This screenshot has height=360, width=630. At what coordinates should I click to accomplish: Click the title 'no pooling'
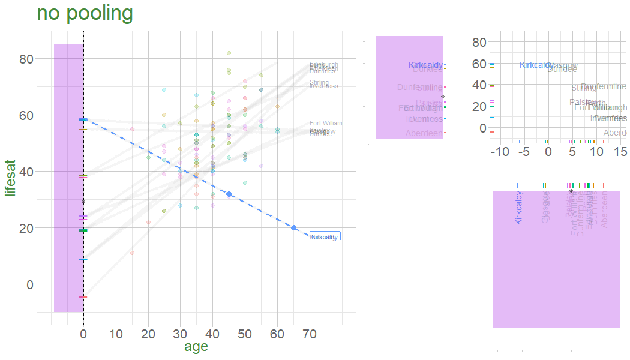85,14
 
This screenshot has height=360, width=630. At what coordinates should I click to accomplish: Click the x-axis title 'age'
196,346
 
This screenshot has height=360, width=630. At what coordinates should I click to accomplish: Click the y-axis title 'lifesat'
10,178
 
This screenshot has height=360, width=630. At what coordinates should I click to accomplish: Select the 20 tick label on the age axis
148,333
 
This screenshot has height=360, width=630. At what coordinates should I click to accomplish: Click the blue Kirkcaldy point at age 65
294,227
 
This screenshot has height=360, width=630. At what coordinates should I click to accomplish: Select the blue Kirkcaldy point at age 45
229,194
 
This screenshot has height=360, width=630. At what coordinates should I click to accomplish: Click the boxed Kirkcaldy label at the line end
325,237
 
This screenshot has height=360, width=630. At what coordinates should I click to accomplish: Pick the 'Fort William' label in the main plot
326,124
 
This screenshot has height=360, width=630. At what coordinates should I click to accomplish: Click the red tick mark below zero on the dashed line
83,296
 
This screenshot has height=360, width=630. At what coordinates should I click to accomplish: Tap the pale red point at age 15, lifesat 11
132,253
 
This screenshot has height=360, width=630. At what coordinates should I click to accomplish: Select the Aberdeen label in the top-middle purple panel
424,133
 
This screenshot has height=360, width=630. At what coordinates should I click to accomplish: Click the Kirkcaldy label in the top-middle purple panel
425,65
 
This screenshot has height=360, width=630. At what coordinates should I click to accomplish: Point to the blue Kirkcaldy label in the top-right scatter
536,65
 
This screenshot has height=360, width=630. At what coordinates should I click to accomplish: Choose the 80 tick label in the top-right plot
478,42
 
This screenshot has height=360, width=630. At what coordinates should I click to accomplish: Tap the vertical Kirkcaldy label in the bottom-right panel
519,208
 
